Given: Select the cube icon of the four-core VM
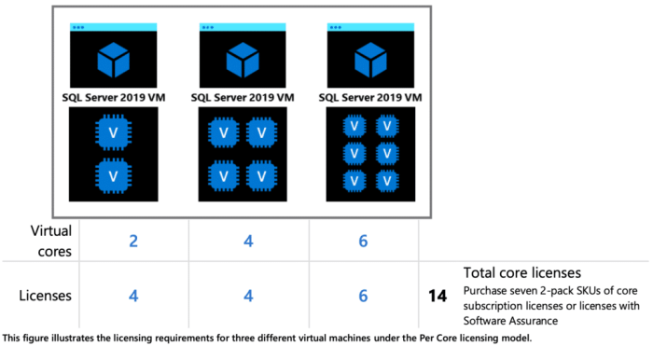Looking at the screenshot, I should [242, 62].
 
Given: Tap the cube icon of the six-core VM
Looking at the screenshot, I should [370, 62].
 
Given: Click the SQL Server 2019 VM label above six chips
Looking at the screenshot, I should [370, 96].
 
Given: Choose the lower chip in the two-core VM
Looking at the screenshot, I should [113, 174].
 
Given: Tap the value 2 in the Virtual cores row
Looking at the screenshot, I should [133, 242].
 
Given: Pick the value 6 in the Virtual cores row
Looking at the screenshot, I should [361, 242].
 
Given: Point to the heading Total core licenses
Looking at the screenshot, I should [523, 272].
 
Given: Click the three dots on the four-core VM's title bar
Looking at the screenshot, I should [207, 27].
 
